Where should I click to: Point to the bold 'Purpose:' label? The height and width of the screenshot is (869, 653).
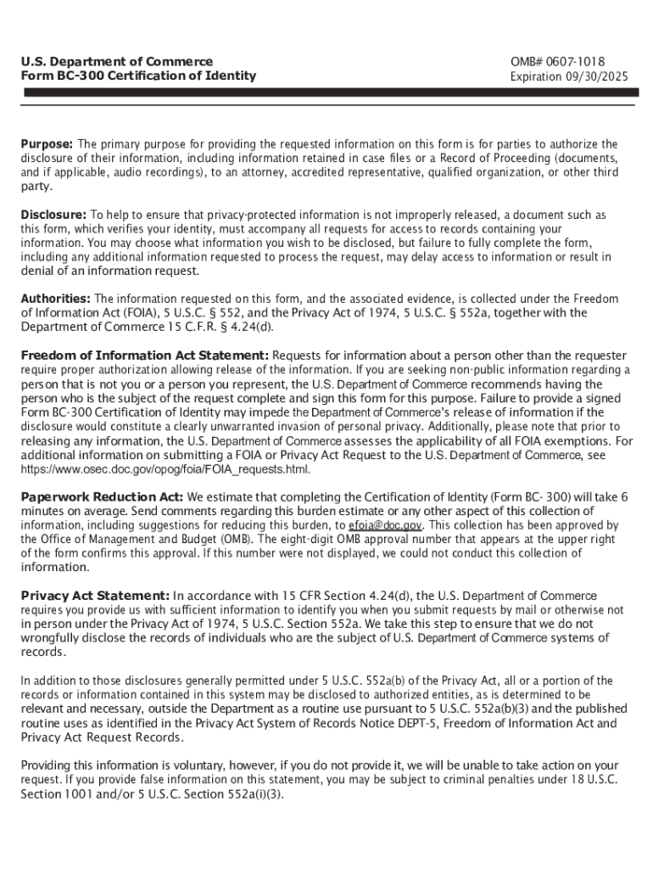click(x=47, y=144)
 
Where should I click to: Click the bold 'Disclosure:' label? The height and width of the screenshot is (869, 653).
click(x=53, y=216)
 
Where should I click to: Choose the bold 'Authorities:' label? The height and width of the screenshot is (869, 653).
click(x=55, y=299)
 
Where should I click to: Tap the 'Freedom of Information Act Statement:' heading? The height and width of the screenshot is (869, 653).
click(x=145, y=355)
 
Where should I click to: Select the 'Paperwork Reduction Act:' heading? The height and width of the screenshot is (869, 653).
click(x=102, y=496)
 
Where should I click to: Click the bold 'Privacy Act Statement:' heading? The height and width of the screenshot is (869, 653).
click(x=95, y=596)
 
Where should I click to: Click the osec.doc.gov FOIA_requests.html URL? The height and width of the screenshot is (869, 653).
click(x=165, y=469)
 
